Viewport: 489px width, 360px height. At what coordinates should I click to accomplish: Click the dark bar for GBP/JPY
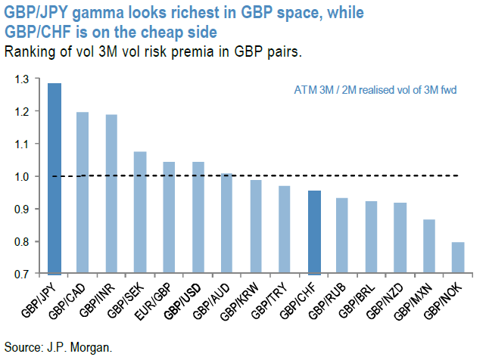[55, 178]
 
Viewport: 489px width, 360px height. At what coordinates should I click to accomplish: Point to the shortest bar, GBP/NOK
[458, 258]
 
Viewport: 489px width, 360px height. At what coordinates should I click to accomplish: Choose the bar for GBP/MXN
[429, 247]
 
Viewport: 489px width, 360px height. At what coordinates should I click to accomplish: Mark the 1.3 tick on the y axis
[23, 79]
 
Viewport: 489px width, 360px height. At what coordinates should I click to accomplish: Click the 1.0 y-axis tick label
[23, 176]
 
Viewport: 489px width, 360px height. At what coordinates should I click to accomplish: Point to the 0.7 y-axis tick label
[23, 274]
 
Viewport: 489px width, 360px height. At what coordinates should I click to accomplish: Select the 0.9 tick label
[23, 209]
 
